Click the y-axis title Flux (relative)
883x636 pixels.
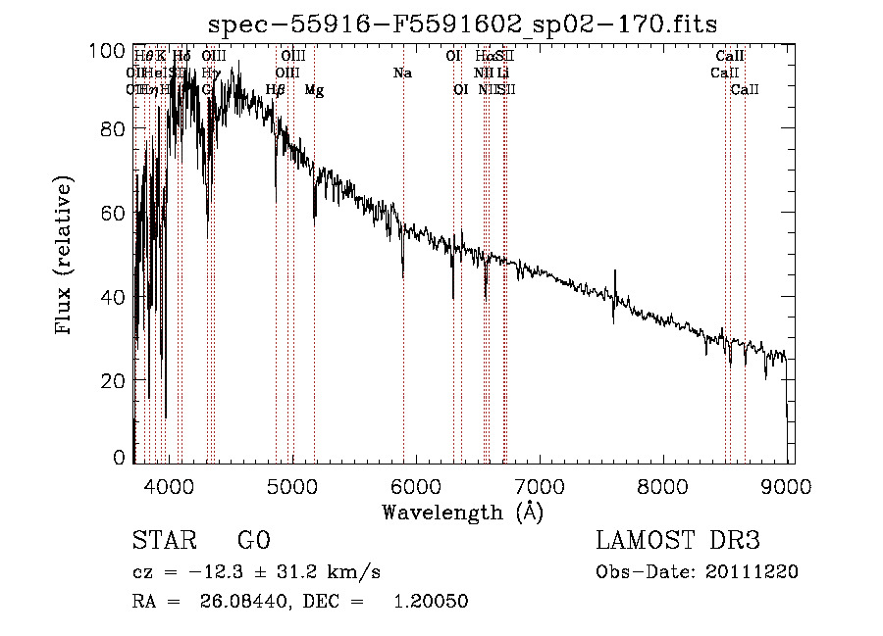[x=65, y=258]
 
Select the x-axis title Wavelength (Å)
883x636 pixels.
[x=462, y=511]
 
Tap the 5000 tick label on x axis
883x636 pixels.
[x=292, y=485]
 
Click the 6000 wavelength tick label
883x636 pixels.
[x=416, y=485]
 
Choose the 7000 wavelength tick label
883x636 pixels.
[x=540, y=485]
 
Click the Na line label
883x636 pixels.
[x=402, y=73]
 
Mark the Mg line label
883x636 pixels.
[x=314, y=90]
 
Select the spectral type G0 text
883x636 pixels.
[x=253, y=541]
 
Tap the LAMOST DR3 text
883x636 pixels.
[x=678, y=541]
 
